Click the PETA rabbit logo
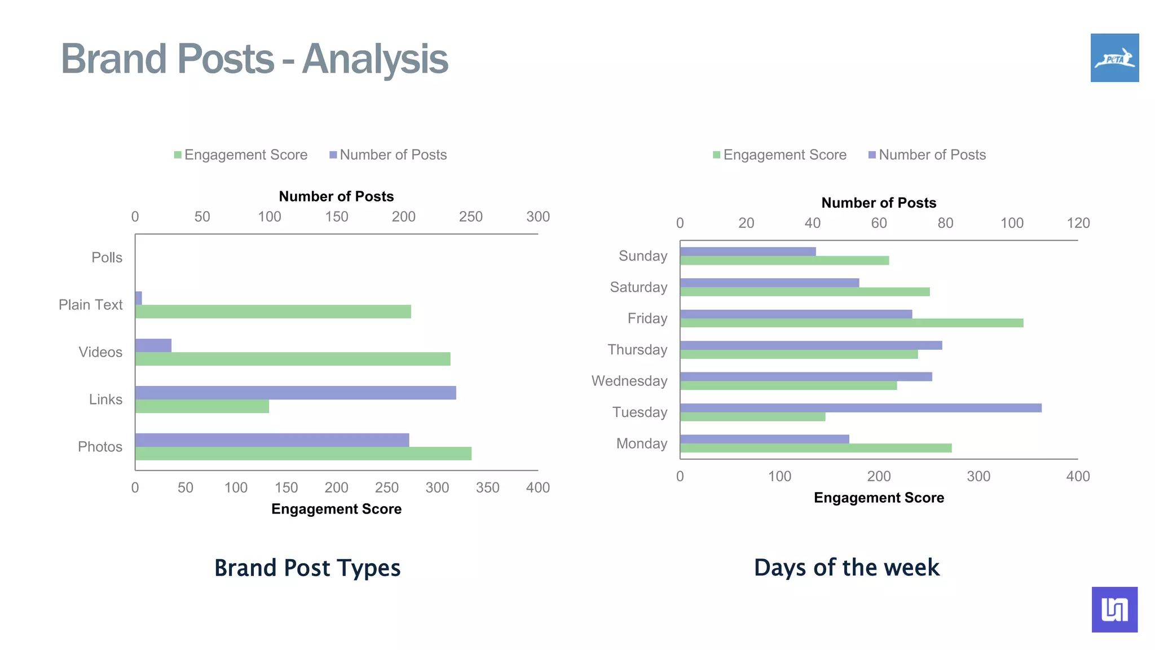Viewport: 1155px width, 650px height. pyautogui.click(x=1114, y=58)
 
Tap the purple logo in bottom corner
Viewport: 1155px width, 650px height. pyautogui.click(x=1114, y=609)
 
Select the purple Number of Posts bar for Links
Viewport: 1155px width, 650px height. pyautogui.click(x=296, y=393)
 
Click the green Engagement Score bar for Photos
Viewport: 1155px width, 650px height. pyautogui.click(x=303, y=454)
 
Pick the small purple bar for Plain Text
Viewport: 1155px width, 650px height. pyautogui.click(x=138, y=298)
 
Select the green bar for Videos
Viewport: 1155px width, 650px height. pyautogui.click(x=293, y=359)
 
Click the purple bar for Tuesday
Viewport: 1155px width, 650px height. pyautogui.click(x=861, y=408)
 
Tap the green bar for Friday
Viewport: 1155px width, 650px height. pyautogui.click(x=852, y=323)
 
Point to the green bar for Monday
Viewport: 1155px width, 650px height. pyautogui.click(x=815, y=448)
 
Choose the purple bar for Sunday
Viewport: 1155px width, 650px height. pyautogui.click(x=748, y=252)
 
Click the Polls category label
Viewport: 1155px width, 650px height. pyautogui.click(x=107, y=258)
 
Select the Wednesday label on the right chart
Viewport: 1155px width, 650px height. pyautogui.click(x=629, y=381)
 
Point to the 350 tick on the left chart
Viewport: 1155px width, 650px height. pyautogui.click(x=487, y=488)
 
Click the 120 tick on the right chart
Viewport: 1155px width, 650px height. pyautogui.click(x=1078, y=223)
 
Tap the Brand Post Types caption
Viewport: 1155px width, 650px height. pyautogui.click(x=307, y=568)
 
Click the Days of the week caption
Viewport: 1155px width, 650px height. pyautogui.click(x=847, y=568)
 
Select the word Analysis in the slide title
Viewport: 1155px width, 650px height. pyautogui.click(x=375, y=59)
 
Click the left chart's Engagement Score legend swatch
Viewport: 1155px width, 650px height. pyautogui.click(x=178, y=155)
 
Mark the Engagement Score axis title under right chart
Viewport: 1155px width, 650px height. pyautogui.click(x=879, y=498)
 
